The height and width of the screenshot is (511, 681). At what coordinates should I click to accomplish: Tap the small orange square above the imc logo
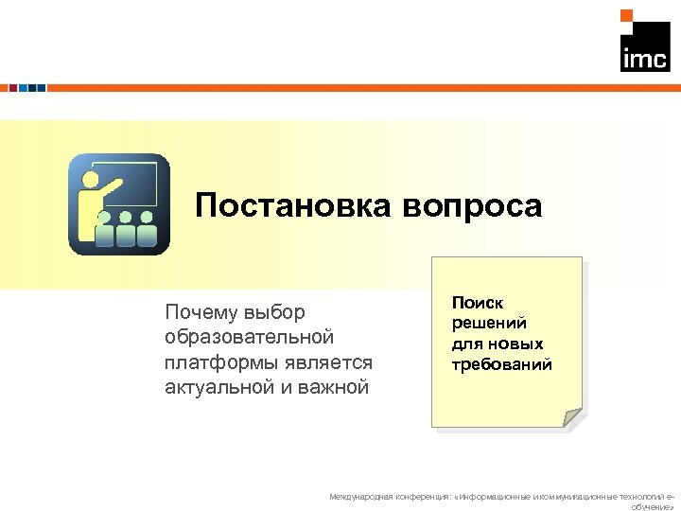click(x=625, y=15)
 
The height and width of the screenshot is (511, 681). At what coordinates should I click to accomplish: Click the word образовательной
click(x=250, y=337)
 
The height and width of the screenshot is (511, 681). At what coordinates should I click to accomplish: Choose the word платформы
click(x=214, y=361)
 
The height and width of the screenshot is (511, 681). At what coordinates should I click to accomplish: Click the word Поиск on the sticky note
click(x=478, y=303)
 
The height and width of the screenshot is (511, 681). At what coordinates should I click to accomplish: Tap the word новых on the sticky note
click(x=516, y=344)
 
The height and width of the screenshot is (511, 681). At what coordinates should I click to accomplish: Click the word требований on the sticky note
click(x=501, y=364)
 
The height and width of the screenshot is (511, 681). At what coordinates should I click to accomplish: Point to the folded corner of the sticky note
click(x=570, y=417)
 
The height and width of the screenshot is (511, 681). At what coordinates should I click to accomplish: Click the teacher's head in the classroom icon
click(x=92, y=177)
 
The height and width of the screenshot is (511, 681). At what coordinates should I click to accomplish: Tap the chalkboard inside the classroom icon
click(x=132, y=184)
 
